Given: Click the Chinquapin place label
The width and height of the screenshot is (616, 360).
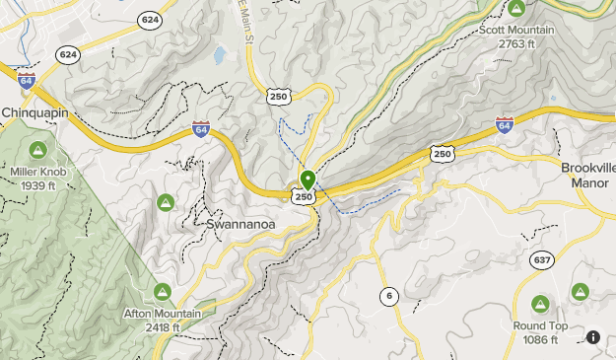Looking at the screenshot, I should click(34, 113).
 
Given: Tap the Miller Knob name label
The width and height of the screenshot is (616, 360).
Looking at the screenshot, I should click(37, 171).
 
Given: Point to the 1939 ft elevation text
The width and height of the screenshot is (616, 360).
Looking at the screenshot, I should click(37, 184).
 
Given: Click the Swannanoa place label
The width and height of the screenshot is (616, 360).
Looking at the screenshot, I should click(238, 224).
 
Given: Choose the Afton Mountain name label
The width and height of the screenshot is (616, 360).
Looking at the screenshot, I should click(162, 314).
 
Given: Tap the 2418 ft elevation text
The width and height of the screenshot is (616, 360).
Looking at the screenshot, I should click(162, 327).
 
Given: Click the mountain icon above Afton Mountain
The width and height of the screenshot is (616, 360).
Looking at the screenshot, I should click(163, 292).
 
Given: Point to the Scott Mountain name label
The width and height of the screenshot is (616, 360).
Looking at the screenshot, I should click(516, 30).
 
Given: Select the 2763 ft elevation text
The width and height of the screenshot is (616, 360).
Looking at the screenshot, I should click(516, 43).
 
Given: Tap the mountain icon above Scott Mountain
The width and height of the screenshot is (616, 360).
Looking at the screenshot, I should click(516, 9).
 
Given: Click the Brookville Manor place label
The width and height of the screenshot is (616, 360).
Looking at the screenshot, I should click(589, 175).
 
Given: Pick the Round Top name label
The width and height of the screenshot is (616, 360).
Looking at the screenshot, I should click(540, 325).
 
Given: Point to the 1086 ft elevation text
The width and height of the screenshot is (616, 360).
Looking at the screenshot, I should click(540, 339).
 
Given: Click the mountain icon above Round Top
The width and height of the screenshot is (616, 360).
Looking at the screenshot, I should click(540, 304).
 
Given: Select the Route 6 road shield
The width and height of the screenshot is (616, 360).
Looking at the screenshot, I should click(388, 295).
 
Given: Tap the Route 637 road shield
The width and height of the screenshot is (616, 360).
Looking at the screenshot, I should click(542, 259).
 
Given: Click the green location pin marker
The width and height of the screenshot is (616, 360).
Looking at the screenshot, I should click(308, 180).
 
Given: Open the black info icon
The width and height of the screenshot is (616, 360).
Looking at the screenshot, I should click(593, 337).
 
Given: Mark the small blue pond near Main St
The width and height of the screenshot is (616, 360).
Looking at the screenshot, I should click(219, 55).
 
